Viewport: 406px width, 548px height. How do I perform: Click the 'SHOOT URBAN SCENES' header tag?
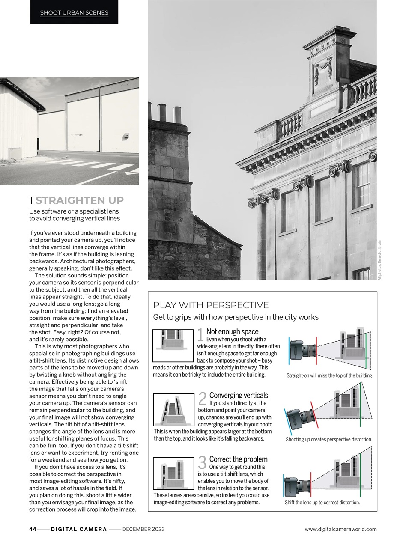coord(74,13)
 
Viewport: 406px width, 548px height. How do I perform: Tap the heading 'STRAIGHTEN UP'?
coord(80,200)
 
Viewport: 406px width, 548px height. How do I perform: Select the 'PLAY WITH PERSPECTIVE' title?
coord(211,305)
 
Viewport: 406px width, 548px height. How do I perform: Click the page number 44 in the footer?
coord(33,529)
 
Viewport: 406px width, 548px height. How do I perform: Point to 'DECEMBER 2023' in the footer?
coord(143,529)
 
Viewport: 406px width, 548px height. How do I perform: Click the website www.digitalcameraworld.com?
coord(340,529)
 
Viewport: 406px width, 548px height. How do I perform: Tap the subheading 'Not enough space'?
coord(232,331)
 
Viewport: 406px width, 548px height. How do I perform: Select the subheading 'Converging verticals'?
coord(239,395)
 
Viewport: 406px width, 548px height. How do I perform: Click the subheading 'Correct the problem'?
coord(238,459)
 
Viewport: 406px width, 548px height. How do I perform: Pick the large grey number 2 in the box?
coord(203,399)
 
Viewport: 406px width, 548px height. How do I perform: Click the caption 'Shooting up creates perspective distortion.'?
coord(329,439)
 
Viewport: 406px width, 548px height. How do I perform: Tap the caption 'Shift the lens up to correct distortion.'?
coord(322,503)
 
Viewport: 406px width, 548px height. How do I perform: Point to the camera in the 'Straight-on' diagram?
coord(302,350)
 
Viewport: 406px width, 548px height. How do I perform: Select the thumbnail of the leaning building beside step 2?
coord(173,410)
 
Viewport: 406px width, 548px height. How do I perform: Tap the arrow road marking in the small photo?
coord(132,172)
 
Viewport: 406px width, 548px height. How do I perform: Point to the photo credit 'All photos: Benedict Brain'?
coord(379,259)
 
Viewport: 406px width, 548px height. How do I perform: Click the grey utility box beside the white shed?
coord(15,153)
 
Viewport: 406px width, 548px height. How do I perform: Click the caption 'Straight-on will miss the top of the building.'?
coord(330,375)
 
